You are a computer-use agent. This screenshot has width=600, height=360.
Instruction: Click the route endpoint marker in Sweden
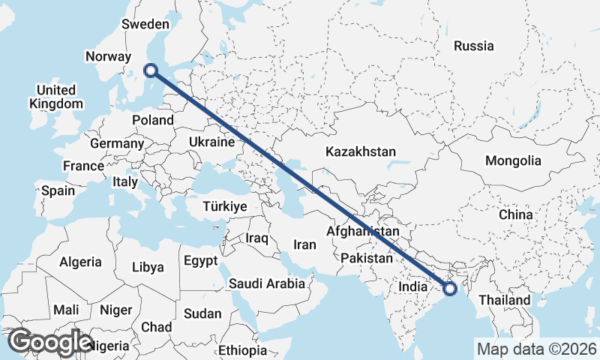coord(151,70)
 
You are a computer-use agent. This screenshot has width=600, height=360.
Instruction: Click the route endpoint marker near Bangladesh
coord(450,288)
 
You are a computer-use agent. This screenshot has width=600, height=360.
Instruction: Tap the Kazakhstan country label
coord(360,151)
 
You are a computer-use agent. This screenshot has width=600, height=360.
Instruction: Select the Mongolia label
coord(513,160)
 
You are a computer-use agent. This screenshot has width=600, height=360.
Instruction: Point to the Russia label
coord(474,46)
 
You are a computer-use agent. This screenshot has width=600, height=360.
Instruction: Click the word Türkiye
coord(225,205)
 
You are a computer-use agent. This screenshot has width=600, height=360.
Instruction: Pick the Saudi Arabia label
coord(267,283)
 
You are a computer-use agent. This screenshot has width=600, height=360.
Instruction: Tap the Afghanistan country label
coord(362,232)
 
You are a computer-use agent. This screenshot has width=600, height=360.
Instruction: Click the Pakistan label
coord(367,258)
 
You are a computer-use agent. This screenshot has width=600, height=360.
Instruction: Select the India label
coord(412,286)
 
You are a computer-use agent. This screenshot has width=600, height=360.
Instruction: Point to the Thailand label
coord(505,300)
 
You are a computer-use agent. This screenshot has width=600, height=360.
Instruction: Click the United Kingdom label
coord(55,97)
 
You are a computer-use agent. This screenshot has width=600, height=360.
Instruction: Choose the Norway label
coord(109,57)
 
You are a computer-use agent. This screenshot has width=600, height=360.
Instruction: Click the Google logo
coord(50,342)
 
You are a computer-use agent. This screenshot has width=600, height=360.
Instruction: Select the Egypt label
coord(200,261)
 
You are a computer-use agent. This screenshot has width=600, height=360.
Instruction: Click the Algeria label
coord(80,262)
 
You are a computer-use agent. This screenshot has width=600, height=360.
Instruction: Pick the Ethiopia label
coord(242,350)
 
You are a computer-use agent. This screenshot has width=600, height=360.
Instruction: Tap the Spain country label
coord(58,190)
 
